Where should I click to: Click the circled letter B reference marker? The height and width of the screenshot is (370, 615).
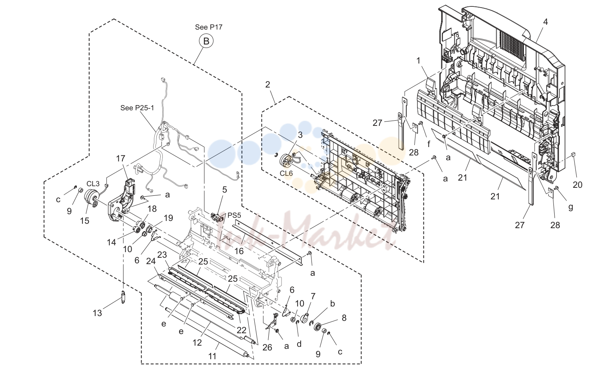coord(206,41)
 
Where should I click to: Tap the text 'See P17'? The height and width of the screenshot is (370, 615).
coord(209,27)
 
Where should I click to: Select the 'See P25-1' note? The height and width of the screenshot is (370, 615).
coord(137,108)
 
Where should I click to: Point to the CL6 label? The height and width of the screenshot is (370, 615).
coord(286,173)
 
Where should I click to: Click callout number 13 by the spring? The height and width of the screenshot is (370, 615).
coord(98,313)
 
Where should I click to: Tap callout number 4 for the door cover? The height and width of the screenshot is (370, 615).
coord(545,22)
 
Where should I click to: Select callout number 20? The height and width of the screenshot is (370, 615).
coord(578,185)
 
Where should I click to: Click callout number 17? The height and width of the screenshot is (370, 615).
coord(120,158)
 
